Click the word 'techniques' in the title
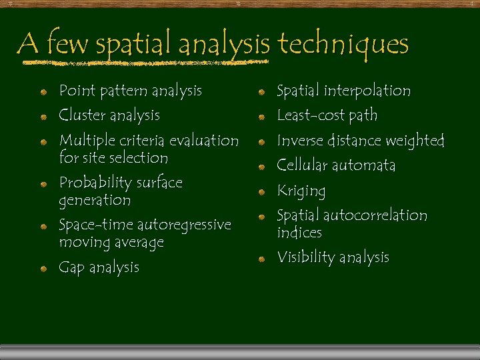coord(343,45)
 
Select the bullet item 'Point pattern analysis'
coord(130,90)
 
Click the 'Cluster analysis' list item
coord(109,115)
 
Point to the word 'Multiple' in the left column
coord(86,141)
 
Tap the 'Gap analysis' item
coord(99,267)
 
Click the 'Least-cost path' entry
coord(327,115)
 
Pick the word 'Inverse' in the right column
coord(299,141)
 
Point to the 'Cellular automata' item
coord(335,165)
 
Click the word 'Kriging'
coord(301,191)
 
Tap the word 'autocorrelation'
coord(375,215)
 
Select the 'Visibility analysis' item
coord(333,257)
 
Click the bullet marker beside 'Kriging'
coord(263,191)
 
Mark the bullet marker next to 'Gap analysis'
coord(42,268)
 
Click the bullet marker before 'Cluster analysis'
coord(42,116)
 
